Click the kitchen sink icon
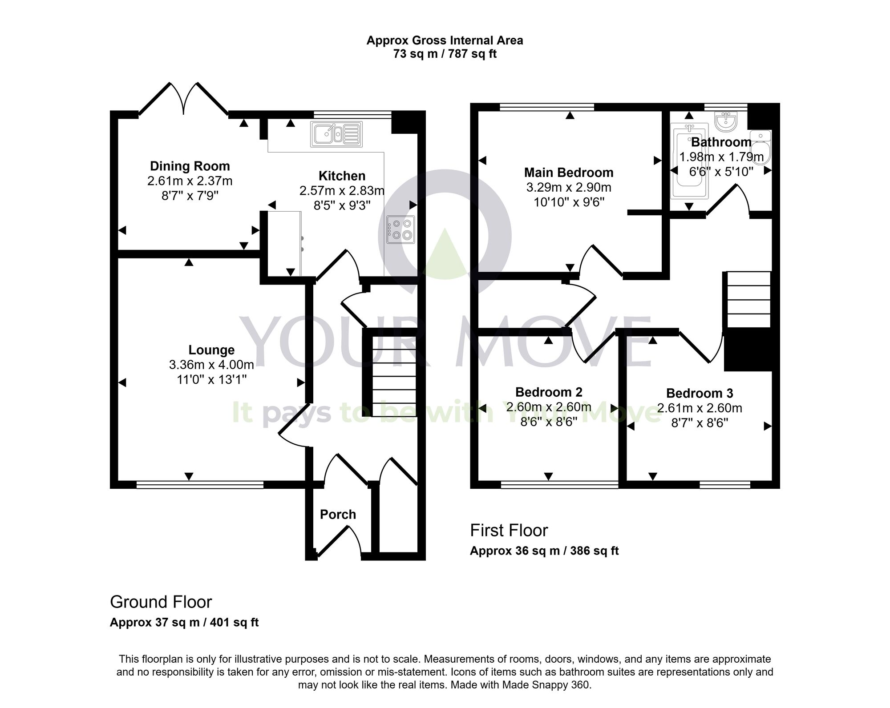[336, 134]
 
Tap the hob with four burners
[401, 229]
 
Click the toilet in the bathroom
[761, 147]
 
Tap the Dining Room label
[190, 166]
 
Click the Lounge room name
[211, 350]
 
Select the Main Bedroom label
[569, 173]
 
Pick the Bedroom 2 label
[549, 392]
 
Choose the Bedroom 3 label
[700, 393]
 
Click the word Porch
[338, 515]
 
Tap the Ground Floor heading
[161, 602]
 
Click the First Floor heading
[509, 530]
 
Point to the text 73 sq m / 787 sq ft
[445, 54]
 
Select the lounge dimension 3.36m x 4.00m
[211, 365]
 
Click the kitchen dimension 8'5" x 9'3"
[342, 205]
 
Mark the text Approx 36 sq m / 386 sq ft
[544, 551]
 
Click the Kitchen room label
[342, 176]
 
